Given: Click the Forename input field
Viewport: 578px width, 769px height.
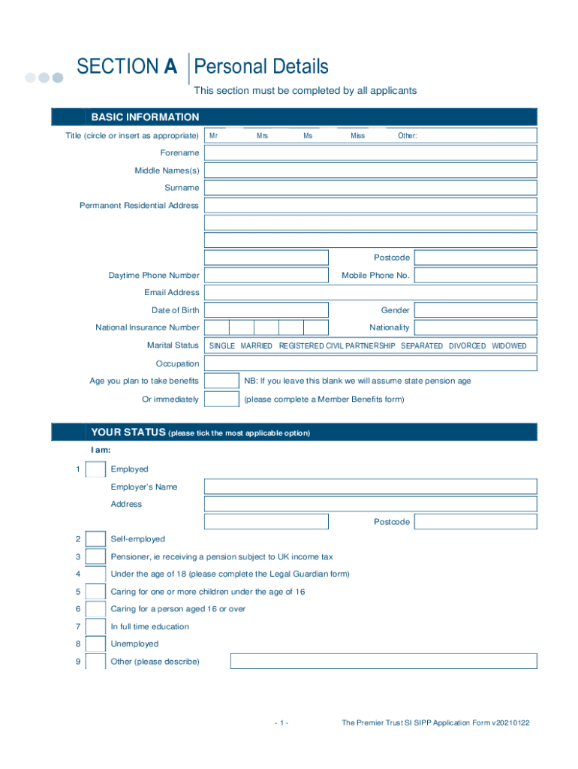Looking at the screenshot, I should coord(371,153).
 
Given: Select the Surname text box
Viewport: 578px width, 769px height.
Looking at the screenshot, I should coord(371,188).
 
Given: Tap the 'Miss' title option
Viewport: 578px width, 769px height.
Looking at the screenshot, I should coord(357,136).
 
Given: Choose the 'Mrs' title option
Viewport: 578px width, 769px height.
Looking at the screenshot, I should coord(262,136).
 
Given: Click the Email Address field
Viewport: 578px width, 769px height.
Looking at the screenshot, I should coord(371,293).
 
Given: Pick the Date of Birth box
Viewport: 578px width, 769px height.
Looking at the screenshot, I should coord(266,310).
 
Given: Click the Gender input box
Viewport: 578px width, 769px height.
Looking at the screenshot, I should coord(475,310).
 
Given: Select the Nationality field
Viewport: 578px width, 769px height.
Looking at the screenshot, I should coord(475,327).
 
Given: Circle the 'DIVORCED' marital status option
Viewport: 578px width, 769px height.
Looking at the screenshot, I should coord(467,346).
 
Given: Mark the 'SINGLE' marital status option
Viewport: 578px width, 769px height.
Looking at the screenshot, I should coord(222,346).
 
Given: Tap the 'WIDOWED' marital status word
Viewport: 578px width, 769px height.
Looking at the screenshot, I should coord(509,346).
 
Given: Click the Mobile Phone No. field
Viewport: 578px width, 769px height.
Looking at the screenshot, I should coord(475,276).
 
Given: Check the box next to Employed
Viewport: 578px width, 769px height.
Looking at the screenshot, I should coord(95,469).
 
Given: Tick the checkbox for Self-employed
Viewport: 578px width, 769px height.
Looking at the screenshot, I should coord(95,539).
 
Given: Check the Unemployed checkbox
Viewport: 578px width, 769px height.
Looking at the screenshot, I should coord(95,644).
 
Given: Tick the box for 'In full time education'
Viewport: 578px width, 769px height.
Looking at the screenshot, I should coord(95,626).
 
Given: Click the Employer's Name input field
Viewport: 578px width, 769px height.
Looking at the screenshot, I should coord(371,487).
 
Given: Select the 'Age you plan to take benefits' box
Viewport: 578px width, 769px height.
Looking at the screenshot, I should coord(221,381).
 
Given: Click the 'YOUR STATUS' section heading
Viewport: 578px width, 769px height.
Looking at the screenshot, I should coord(128,433).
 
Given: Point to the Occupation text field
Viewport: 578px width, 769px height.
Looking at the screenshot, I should coord(371,363).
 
